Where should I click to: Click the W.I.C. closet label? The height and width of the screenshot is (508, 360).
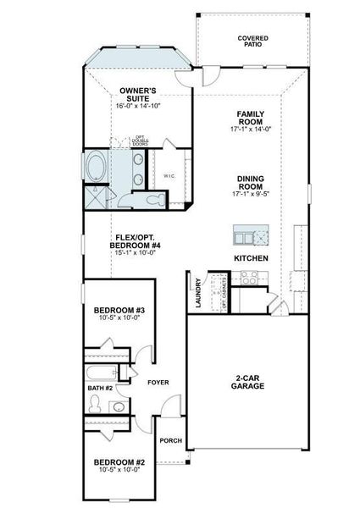point(169,175)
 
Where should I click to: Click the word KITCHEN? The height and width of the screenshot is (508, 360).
point(251,257)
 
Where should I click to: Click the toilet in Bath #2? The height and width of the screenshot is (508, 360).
point(119,407)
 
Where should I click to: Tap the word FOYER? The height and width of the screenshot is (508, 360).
point(158,383)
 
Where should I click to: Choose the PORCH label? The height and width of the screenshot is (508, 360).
point(169,440)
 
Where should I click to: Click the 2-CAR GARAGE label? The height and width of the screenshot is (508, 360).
point(248,382)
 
